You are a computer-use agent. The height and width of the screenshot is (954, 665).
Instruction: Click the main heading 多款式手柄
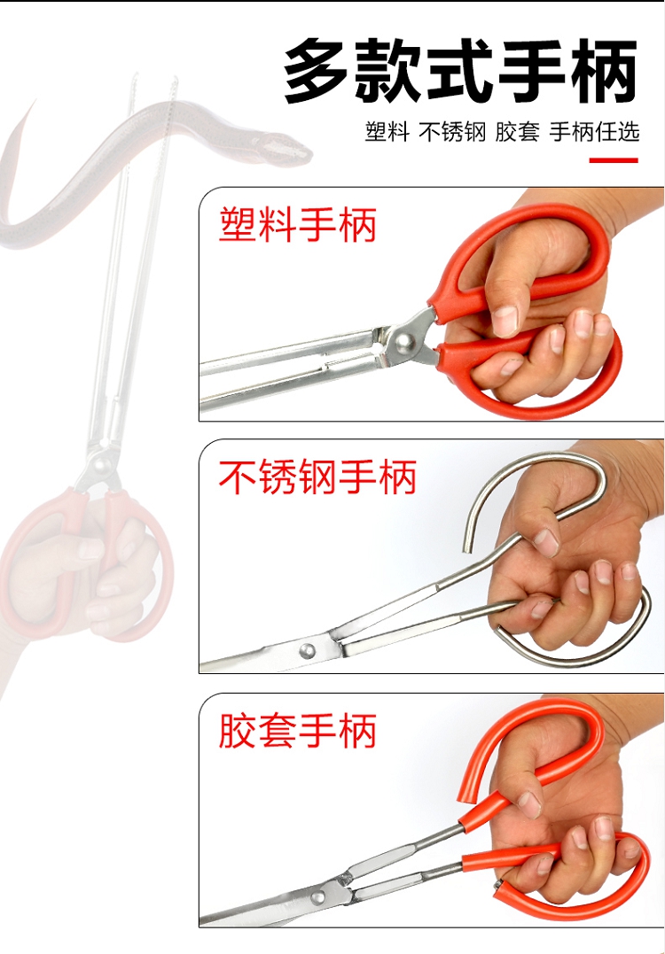point(461,72)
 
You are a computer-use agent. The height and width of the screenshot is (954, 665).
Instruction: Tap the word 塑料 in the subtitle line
point(387,132)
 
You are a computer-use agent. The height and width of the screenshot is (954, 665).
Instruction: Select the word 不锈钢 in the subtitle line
point(452,132)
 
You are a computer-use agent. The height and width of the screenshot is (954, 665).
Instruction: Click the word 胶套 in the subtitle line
point(517,132)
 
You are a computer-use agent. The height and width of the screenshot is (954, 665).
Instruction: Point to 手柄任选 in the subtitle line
point(594,132)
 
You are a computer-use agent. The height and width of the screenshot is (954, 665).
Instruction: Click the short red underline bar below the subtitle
point(614,160)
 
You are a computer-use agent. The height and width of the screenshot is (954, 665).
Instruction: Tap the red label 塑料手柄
point(297,225)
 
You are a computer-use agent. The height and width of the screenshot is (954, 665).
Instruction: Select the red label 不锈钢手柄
point(317,477)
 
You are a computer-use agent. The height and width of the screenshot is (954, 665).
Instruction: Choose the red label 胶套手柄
point(297,730)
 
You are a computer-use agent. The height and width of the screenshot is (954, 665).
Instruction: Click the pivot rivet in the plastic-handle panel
point(403,343)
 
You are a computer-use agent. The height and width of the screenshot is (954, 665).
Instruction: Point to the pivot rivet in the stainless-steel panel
point(308,650)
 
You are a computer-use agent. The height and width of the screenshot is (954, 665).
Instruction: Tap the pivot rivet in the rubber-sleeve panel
point(317,896)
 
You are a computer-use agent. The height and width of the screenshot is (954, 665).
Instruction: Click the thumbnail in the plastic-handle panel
point(505,320)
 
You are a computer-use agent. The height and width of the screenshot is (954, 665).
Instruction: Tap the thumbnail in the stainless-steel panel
point(545,541)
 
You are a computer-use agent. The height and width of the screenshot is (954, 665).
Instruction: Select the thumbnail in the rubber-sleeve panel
point(528,804)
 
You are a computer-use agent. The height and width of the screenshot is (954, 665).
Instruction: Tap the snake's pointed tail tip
point(33,102)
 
